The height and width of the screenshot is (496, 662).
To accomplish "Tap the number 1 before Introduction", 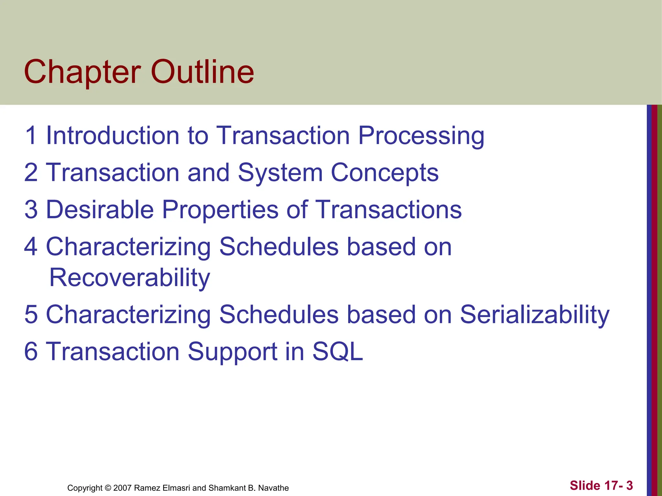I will click(31, 135).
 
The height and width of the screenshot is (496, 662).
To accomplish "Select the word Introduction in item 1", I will click(112, 135).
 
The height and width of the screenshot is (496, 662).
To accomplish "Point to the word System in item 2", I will click(280, 173).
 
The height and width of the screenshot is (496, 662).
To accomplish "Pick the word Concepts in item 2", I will click(385, 173).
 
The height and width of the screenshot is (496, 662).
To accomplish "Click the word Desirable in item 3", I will click(100, 210).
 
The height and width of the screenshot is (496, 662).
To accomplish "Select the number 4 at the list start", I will click(31, 247).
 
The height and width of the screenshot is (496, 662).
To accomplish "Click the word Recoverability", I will click(130, 278).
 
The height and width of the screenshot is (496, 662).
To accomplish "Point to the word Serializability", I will click(534, 315).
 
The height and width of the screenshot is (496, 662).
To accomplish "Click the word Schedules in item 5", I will click(279, 315).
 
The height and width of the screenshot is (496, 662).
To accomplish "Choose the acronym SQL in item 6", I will click(337, 352).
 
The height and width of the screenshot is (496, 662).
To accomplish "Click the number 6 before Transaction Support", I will click(31, 352).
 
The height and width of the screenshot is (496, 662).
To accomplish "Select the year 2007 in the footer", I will click(122, 488).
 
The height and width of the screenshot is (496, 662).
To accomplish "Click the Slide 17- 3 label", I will click(601, 485).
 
